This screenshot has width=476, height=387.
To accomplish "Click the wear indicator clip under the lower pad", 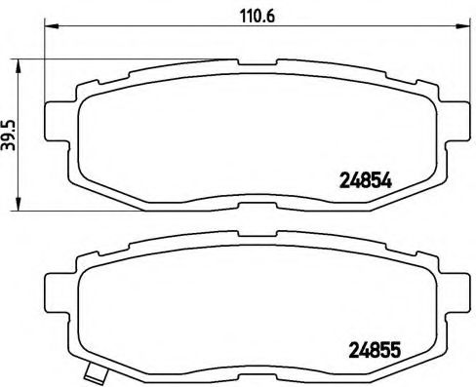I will coord(94,372).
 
